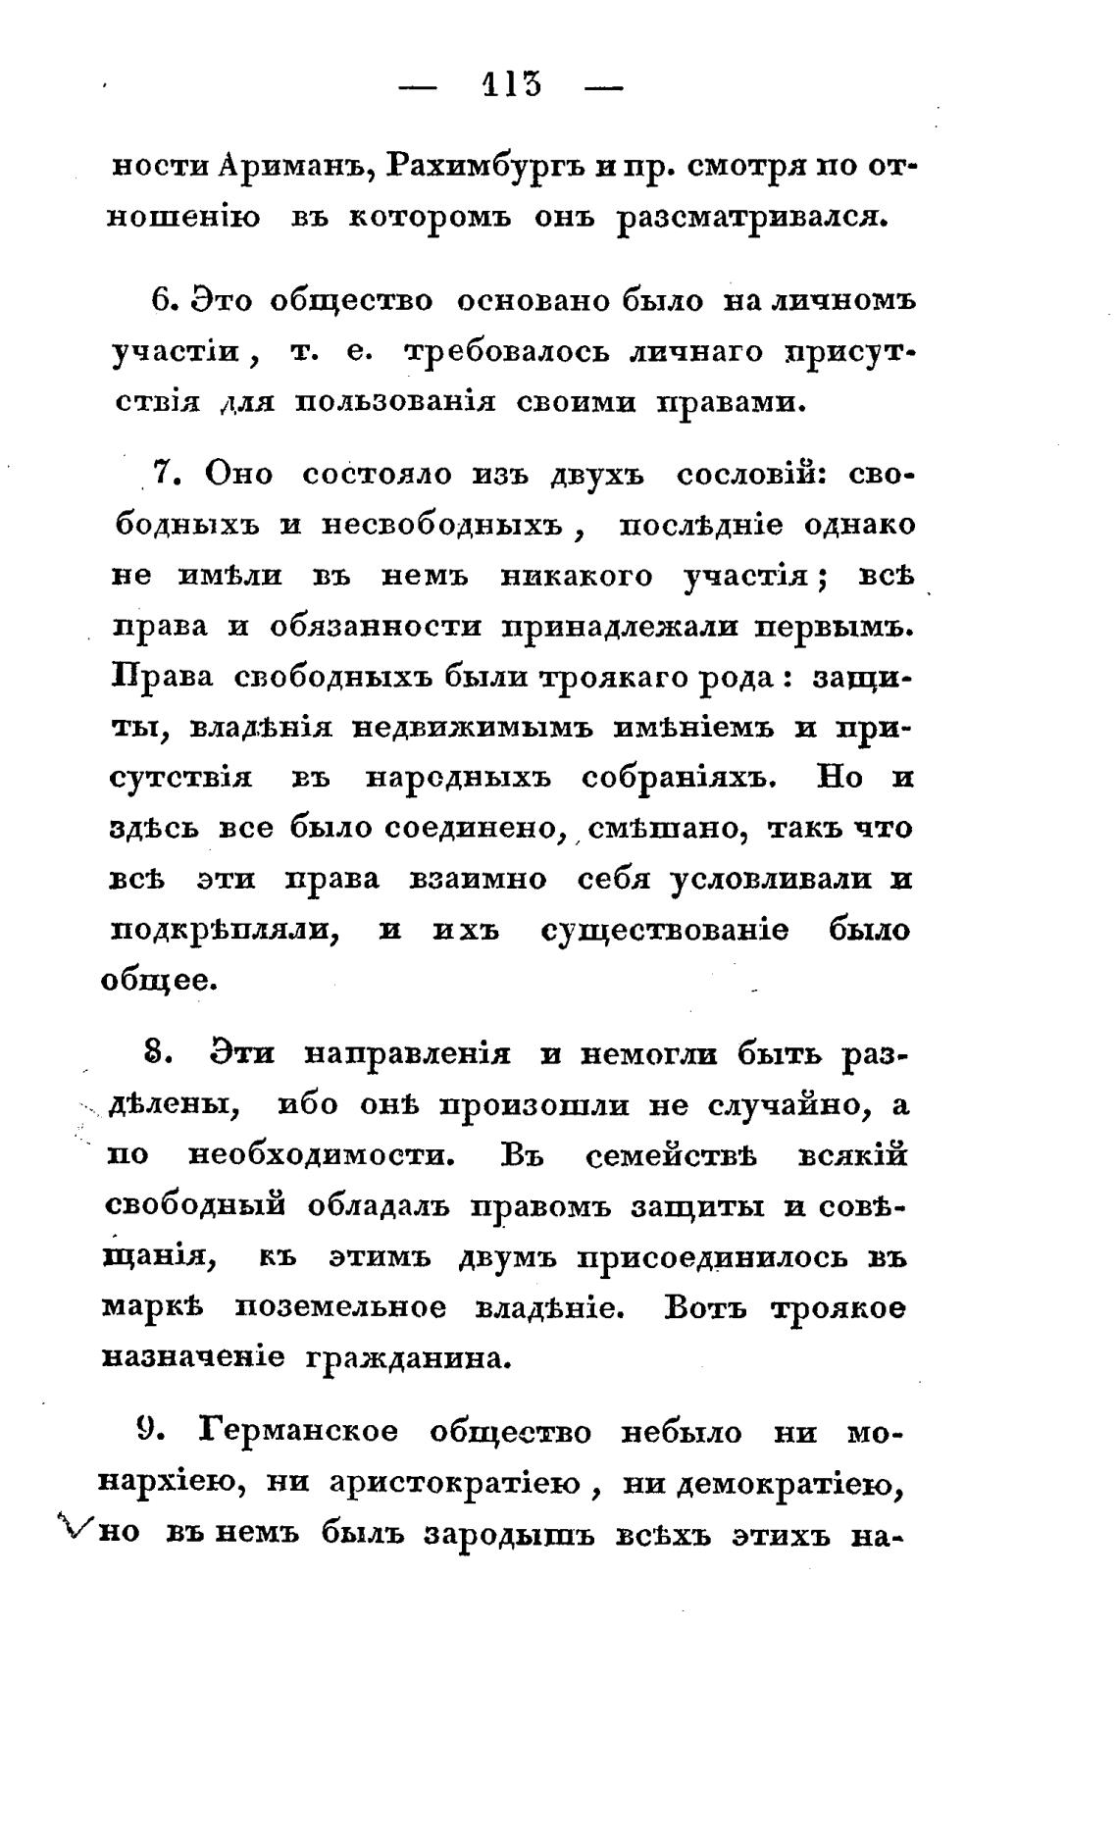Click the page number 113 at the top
click(x=511, y=85)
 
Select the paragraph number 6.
click(x=163, y=299)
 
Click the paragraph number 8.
click(x=157, y=1054)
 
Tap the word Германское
click(x=299, y=1432)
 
